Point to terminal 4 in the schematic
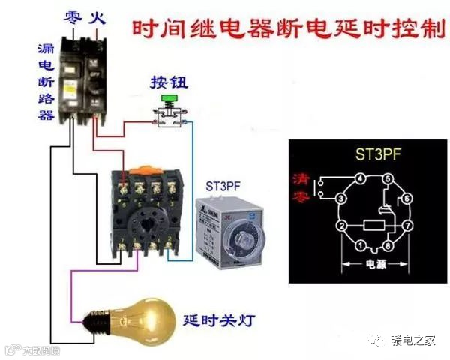click(x=361, y=178)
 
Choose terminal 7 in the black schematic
click(x=409, y=225)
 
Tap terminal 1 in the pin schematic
click(x=361, y=244)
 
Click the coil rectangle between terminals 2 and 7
click(x=374, y=225)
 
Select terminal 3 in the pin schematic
click(x=340, y=198)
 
